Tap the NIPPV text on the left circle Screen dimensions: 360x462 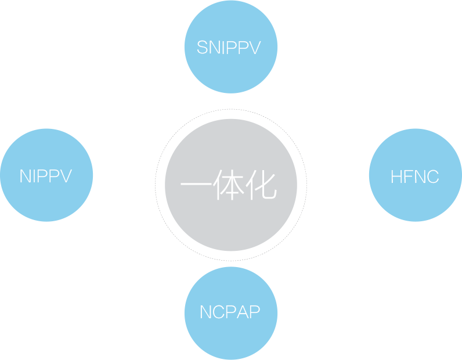click(46, 176)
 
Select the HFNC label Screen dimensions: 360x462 click(414, 176)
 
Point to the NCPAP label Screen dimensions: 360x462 click(230, 312)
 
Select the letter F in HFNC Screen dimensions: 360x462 click(407, 176)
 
